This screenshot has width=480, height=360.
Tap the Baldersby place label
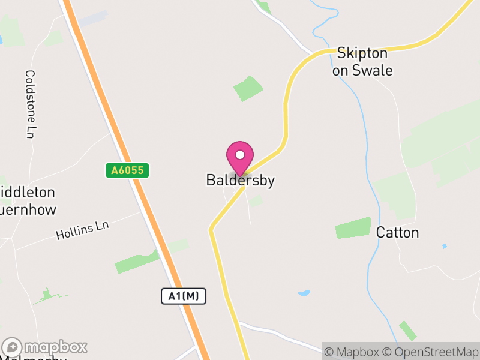point(240,180)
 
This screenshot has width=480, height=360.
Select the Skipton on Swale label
point(364,61)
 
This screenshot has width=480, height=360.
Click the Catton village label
point(397,232)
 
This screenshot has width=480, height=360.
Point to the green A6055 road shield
point(127,170)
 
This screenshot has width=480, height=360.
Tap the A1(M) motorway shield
point(184,296)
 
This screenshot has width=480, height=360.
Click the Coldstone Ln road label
point(29,104)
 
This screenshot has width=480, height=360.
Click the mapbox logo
point(45,347)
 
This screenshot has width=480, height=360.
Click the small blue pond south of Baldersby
point(304,293)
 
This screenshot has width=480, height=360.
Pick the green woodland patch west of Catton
point(353,228)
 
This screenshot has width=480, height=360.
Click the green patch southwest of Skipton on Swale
point(248,88)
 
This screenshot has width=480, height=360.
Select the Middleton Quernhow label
point(28,201)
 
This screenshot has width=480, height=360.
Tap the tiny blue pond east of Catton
point(444,246)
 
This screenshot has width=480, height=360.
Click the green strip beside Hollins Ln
point(137,263)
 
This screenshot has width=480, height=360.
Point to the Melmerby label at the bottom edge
point(36,358)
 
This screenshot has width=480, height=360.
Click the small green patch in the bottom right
point(408,331)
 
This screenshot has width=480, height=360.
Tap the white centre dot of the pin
point(240,155)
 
